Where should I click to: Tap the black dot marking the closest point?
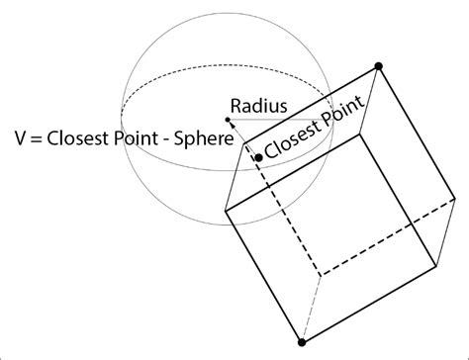[258, 156]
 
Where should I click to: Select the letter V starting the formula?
[21, 138]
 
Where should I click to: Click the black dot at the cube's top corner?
[378, 67]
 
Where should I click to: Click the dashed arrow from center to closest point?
[243, 137]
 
